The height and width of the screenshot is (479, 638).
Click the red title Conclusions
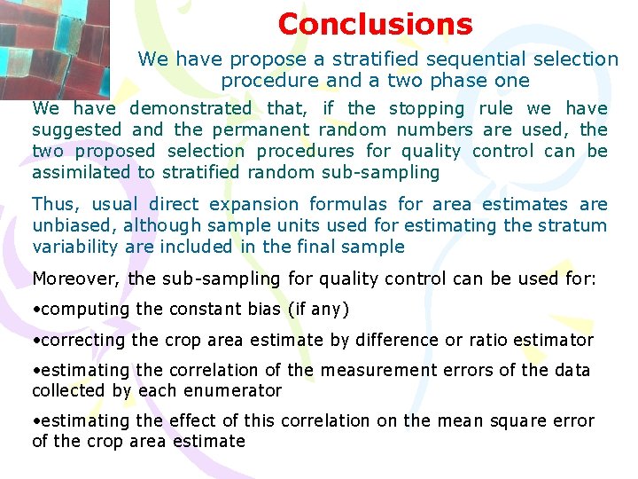coord(375,24)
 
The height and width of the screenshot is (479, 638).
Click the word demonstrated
coord(191,108)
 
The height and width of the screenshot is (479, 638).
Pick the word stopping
coord(426,108)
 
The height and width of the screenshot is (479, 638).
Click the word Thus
coord(56,204)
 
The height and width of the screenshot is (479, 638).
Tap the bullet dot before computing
coord(36,310)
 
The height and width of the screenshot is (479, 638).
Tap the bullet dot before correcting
coord(36,340)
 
